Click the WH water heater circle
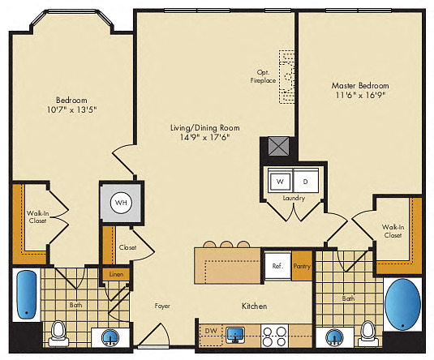click(x=121, y=203)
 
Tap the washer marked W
click(x=280, y=182)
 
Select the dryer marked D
click(x=306, y=182)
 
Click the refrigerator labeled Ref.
click(x=277, y=266)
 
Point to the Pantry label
click(x=302, y=266)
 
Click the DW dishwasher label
click(x=211, y=330)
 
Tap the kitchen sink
click(x=235, y=335)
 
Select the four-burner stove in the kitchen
click(x=274, y=336)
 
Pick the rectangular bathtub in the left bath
click(x=27, y=295)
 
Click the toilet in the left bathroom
click(x=58, y=333)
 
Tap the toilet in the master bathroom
click(x=367, y=333)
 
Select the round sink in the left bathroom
click(x=110, y=337)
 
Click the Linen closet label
click(x=116, y=275)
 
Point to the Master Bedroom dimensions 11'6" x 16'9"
click(x=361, y=95)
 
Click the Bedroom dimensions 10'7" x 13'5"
click(x=72, y=109)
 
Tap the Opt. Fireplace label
click(x=263, y=76)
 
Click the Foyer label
click(x=162, y=306)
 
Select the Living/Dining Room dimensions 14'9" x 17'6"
click(x=204, y=137)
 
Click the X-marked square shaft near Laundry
click(x=279, y=147)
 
